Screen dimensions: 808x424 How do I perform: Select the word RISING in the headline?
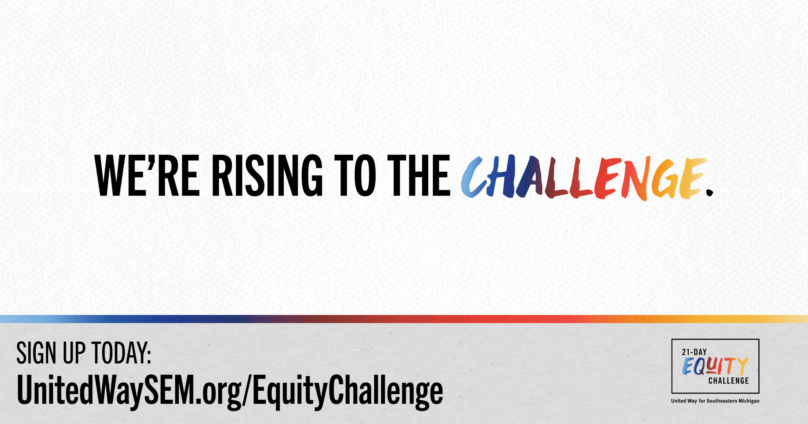267,175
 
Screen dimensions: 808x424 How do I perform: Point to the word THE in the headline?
419,175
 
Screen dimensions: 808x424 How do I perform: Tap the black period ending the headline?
709,192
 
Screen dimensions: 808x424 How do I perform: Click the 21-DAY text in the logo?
694,352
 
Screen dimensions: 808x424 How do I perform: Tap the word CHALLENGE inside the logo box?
728,381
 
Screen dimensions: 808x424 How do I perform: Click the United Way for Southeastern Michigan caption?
715,401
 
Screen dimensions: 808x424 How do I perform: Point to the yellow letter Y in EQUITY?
743,366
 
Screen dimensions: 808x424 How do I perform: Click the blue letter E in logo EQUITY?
688,367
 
